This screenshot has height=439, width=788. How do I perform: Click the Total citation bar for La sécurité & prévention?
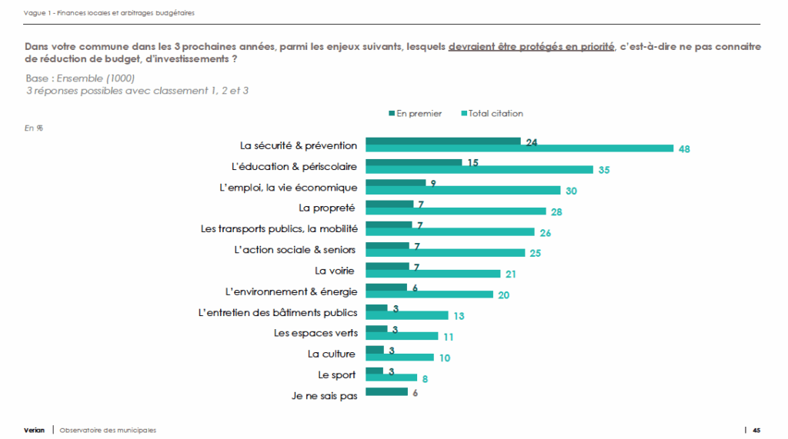pyautogui.click(x=519, y=149)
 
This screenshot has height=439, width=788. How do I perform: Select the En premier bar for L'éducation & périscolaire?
pyautogui.click(x=413, y=162)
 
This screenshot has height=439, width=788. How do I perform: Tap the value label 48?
pyautogui.click(x=684, y=149)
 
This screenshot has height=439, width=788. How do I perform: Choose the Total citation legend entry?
pyautogui.click(x=492, y=113)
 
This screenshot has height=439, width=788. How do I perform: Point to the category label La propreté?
pyautogui.click(x=327, y=208)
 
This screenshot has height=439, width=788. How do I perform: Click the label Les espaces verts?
pyautogui.click(x=315, y=333)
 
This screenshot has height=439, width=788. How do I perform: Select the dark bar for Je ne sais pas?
pyautogui.click(x=386, y=392)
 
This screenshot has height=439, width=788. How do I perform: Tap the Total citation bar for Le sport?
pyautogui.click(x=391, y=377)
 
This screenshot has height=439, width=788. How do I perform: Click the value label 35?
pyautogui.click(x=604, y=170)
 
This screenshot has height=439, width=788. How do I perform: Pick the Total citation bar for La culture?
pyautogui.click(x=399, y=357)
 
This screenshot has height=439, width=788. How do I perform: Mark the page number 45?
pyautogui.click(x=756, y=430)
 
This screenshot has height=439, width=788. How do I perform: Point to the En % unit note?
pyautogui.click(x=34, y=128)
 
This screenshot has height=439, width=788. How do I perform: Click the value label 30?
pyautogui.click(x=571, y=191)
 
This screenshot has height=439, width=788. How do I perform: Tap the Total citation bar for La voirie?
pyautogui.click(x=432, y=274)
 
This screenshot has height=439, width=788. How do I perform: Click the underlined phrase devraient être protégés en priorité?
pyautogui.click(x=531, y=47)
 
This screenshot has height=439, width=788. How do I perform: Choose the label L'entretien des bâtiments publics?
pyautogui.click(x=278, y=312)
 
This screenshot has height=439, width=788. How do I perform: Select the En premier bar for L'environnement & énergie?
pyautogui.click(x=386, y=288)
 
